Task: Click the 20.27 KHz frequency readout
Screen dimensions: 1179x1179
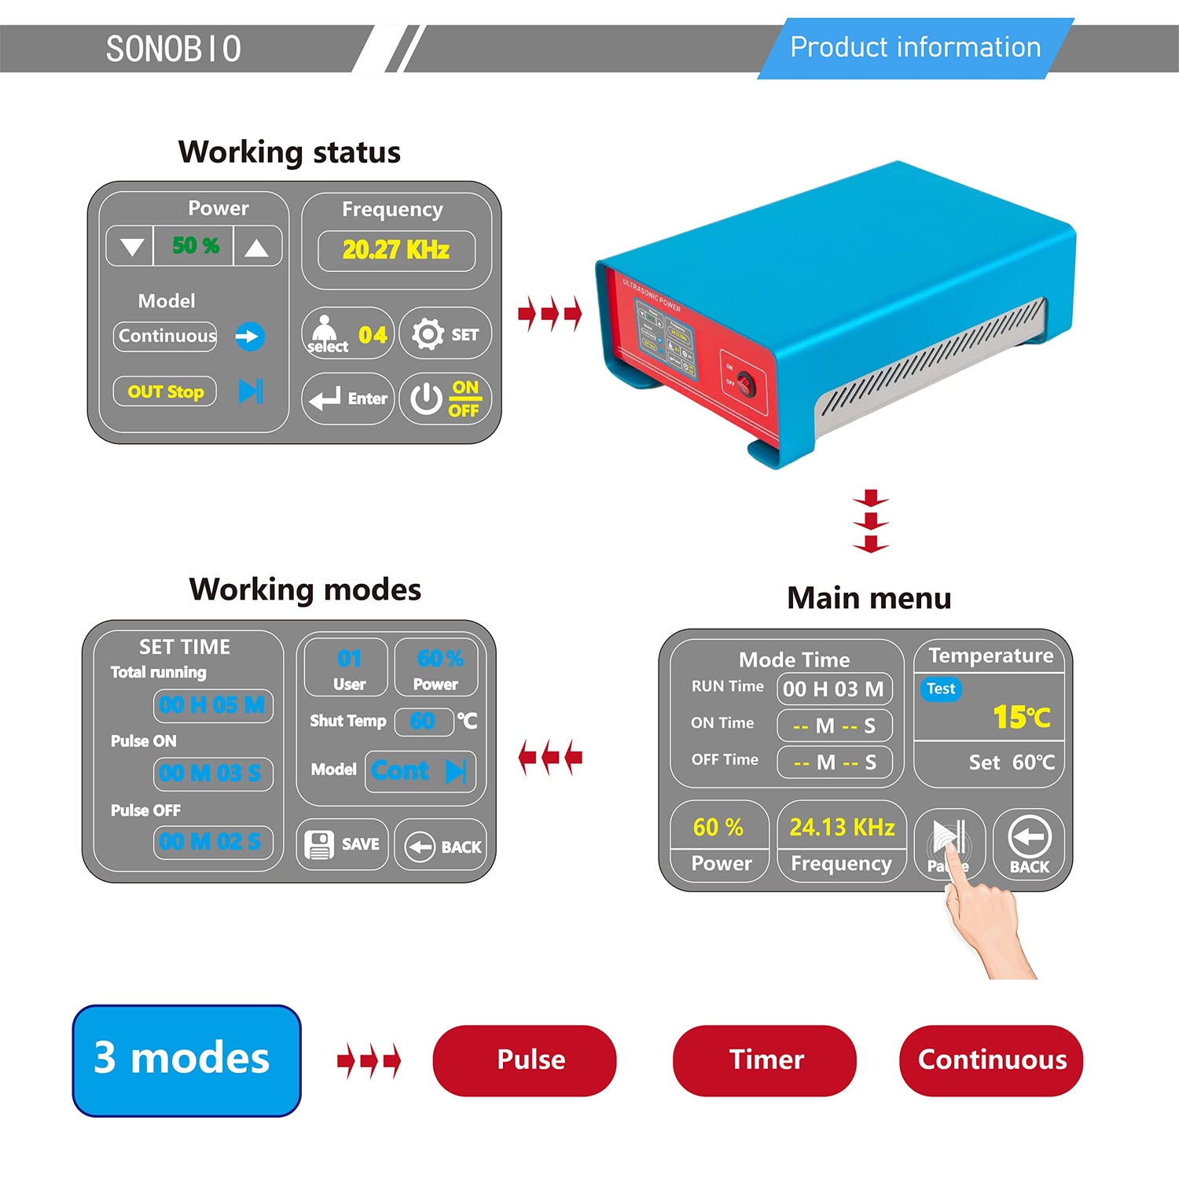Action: (396, 250)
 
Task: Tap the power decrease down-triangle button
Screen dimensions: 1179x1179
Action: (132, 248)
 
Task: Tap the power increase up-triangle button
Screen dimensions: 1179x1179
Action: (256, 248)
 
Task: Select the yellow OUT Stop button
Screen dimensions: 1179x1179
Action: (165, 391)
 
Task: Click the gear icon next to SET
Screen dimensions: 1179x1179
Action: (428, 334)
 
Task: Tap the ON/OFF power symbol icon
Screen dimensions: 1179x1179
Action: (426, 399)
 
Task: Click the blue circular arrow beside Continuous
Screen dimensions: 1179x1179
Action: (250, 336)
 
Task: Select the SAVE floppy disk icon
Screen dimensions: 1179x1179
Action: (319, 845)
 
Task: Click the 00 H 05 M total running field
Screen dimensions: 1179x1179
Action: (212, 705)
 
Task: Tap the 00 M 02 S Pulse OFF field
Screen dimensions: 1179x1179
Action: (212, 842)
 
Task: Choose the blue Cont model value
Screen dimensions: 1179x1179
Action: (401, 771)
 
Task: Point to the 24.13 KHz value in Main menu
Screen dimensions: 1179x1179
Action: (842, 827)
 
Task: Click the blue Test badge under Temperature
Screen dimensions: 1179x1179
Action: (941, 689)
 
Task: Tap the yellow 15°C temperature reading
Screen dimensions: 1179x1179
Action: (1021, 716)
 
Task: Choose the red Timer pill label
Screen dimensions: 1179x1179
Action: (765, 1060)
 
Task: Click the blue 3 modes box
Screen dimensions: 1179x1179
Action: (186, 1060)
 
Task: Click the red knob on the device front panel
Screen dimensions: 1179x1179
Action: (744, 385)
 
